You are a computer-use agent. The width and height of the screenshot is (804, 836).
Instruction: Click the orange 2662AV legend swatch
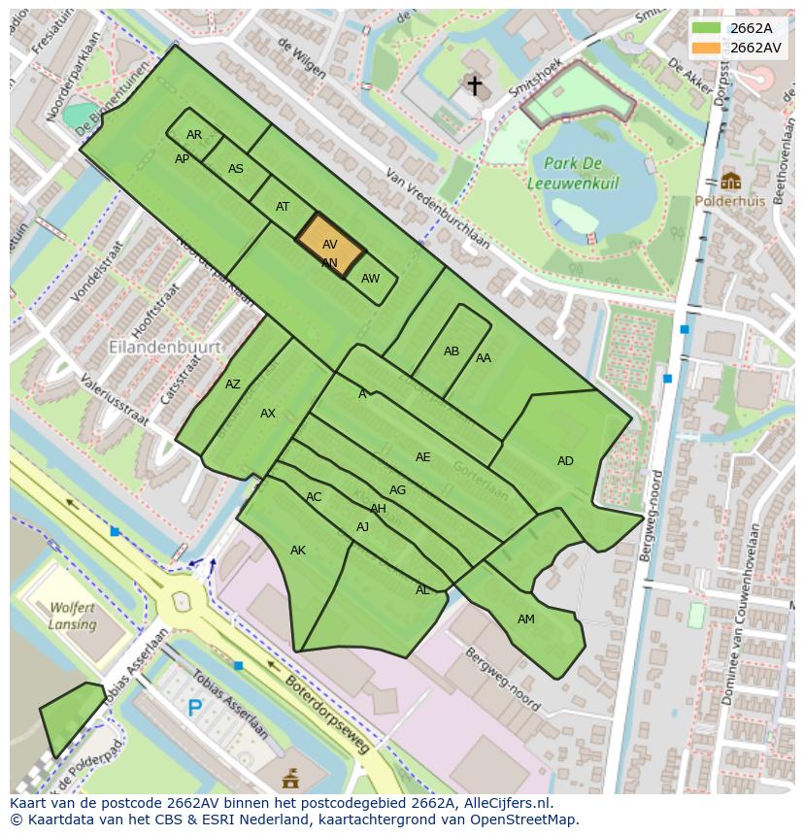(706, 48)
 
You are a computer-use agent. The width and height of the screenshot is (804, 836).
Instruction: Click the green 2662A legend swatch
(706, 28)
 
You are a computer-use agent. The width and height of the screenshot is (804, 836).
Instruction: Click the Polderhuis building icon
(730, 181)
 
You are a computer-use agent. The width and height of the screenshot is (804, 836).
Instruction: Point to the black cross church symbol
(474, 85)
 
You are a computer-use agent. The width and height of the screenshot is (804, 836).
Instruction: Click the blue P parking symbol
(195, 708)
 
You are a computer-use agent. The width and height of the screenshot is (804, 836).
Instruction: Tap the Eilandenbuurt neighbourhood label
(165, 347)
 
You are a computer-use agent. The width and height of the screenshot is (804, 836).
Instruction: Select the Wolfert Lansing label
(73, 616)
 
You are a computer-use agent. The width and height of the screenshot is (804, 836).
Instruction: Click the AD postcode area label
(565, 461)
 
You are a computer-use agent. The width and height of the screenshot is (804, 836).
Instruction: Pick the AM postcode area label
(525, 619)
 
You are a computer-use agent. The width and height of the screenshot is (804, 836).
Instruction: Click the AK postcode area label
(298, 551)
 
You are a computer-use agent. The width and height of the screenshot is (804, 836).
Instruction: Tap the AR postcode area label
(194, 135)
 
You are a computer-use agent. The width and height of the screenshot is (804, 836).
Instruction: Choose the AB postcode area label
(452, 351)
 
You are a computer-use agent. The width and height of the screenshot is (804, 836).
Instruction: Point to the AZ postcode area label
(233, 385)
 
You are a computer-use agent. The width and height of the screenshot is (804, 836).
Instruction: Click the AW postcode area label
(370, 279)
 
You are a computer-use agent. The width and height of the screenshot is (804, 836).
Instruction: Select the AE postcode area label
(423, 457)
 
